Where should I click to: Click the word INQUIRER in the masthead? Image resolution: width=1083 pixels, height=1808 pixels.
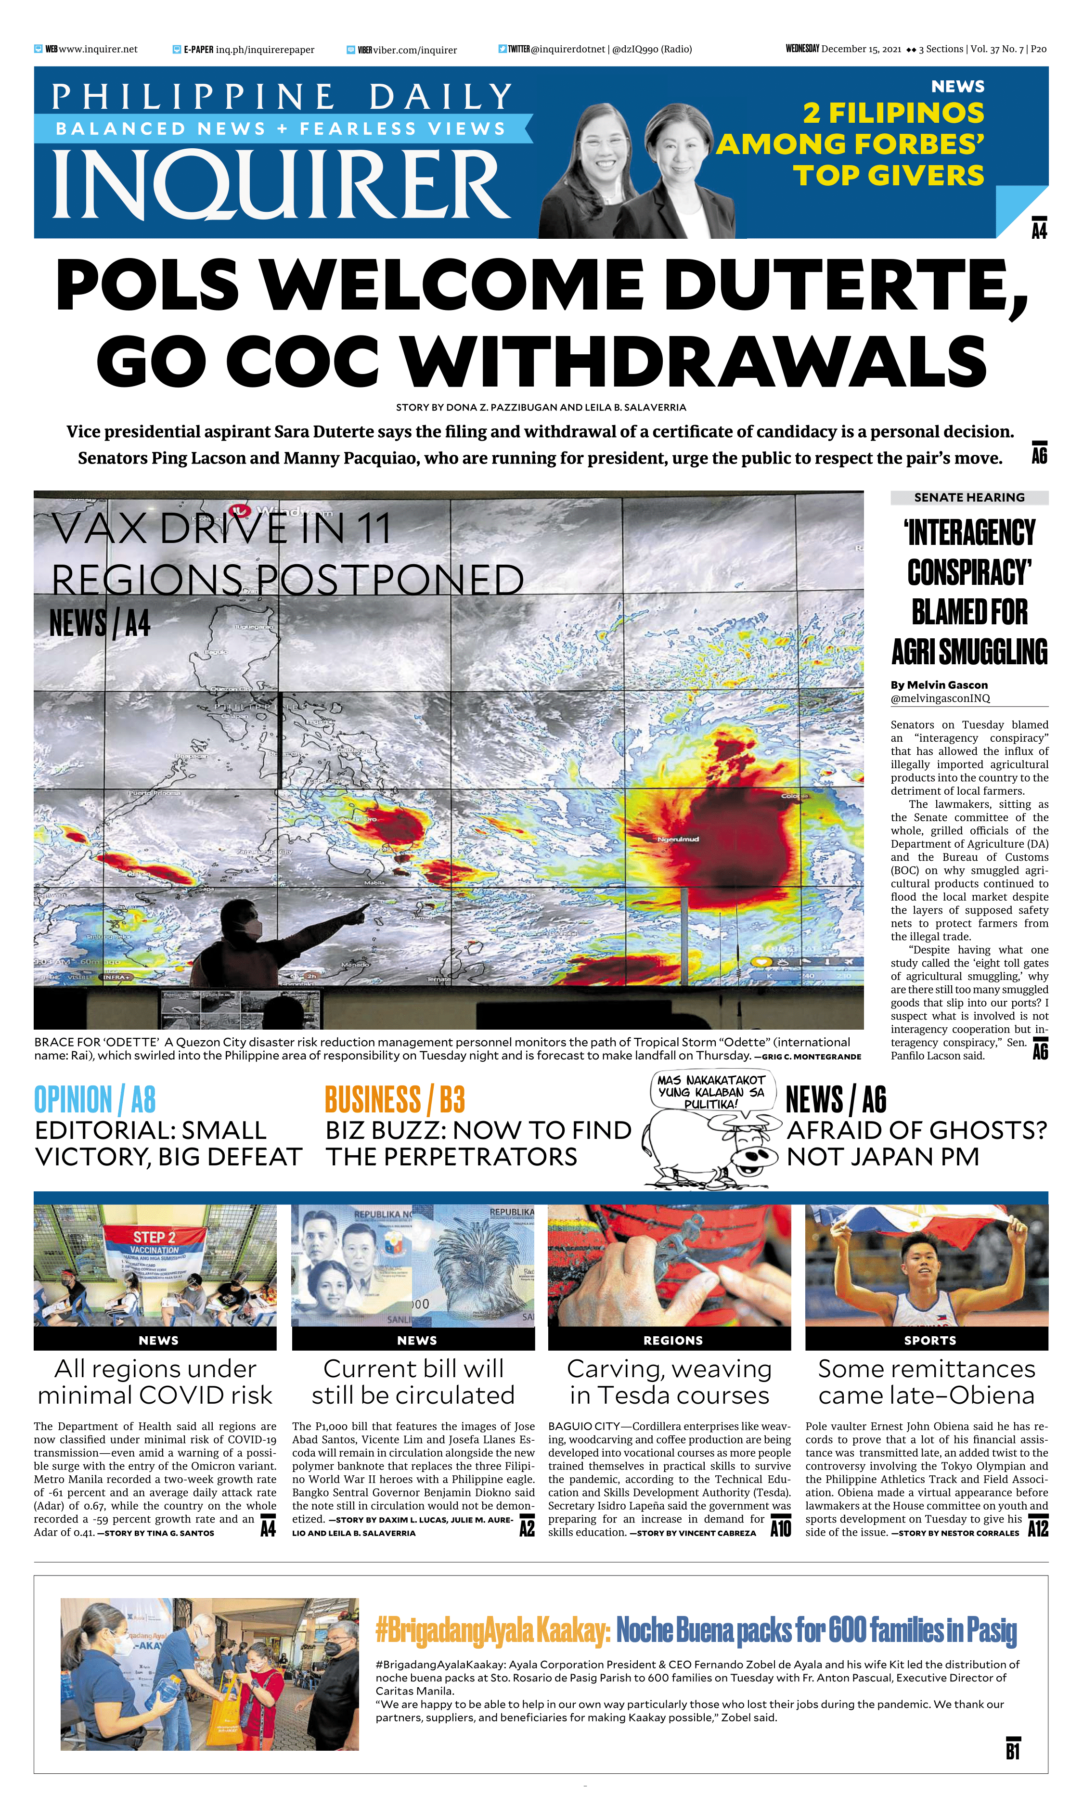281,184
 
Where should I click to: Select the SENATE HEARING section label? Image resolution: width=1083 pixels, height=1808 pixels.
968,498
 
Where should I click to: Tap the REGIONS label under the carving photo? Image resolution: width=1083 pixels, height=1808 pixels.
672,1340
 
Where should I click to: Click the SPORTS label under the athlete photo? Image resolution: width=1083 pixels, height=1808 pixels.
929,1340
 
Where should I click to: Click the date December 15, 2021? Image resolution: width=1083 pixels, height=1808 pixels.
861,49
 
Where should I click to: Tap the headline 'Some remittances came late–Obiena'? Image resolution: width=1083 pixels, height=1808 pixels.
926,1382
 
